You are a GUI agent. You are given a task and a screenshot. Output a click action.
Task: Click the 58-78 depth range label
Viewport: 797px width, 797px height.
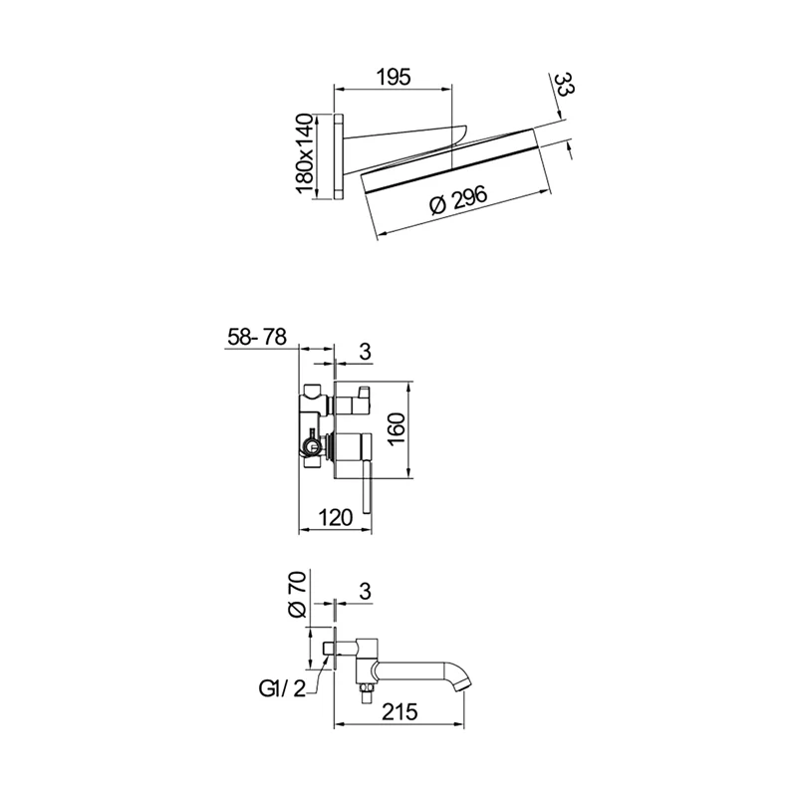click(x=257, y=339)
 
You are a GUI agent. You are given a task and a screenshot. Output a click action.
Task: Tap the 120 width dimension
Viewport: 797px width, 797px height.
click(x=336, y=517)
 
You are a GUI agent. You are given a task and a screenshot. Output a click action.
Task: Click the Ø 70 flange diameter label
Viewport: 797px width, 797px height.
click(x=296, y=595)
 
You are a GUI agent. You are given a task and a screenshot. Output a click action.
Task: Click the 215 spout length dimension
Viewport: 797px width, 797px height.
click(x=398, y=709)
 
